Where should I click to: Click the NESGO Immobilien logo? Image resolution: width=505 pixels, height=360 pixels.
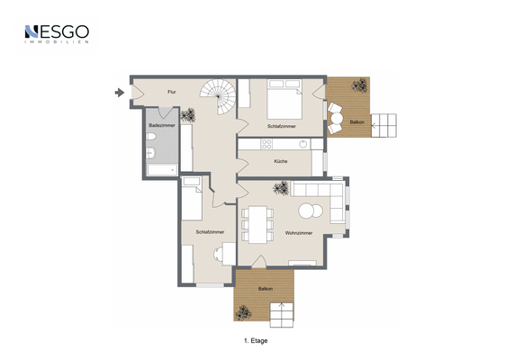(x=55, y=34)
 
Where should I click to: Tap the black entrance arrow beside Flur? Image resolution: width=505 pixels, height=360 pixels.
(x=119, y=92)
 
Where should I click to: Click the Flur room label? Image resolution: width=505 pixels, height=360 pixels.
(x=171, y=92)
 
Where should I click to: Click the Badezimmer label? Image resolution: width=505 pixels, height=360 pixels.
(x=162, y=125)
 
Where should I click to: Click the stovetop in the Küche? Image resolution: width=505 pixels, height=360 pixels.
(x=266, y=144)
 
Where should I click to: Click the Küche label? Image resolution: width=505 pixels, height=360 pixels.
(x=281, y=160)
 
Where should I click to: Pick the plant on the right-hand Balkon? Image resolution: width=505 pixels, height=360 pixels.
(x=359, y=86)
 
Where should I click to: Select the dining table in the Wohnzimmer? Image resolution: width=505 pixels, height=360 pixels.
(x=258, y=223)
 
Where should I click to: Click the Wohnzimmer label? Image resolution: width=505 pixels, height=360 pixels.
(x=298, y=233)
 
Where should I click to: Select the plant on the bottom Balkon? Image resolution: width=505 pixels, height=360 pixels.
(x=243, y=313)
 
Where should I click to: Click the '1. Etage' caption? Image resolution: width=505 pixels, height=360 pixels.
(x=257, y=341)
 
